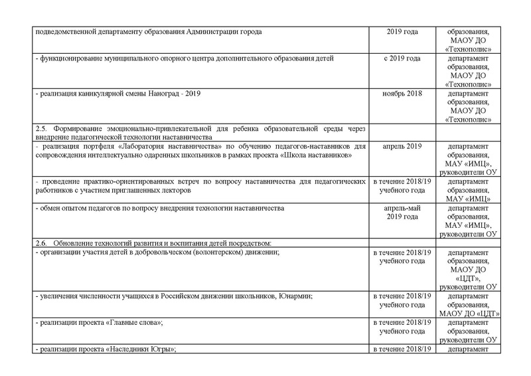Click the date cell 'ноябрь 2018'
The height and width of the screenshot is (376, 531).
(x=403, y=94)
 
